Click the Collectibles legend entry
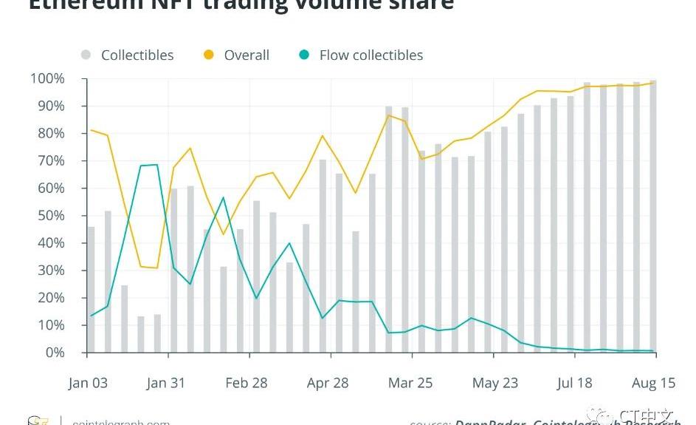click(x=137, y=55)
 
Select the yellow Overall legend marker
click(x=209, y=55)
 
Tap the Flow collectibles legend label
click(x=371, y=55)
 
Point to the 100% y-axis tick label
click(x=47, y=79)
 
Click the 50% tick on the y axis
click(x=50, y=216)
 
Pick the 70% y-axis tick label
click(x=50, y=161)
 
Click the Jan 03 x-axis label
click(x=88, y=383)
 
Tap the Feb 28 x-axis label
click(x=247, y=383)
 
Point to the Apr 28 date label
click(x=328, y=383)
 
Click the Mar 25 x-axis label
click(x=410, y=383)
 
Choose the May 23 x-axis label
click(x=495, y=383)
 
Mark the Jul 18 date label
click(x=574, y=383)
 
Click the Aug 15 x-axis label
click(x=653, y=383)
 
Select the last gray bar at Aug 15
click(x=652, y=222)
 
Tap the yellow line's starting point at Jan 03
click(x=91, y=130)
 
